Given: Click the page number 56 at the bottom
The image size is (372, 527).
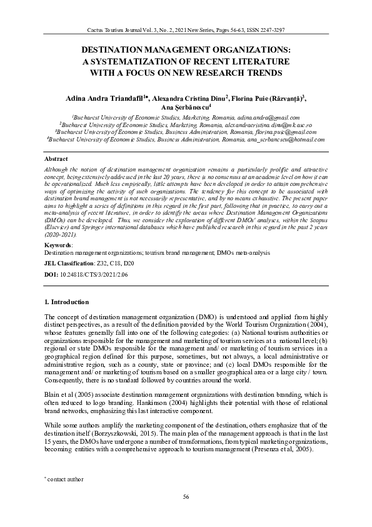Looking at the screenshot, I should (x=186, y=497).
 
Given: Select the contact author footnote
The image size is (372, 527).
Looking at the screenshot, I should (x=66, y=479).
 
